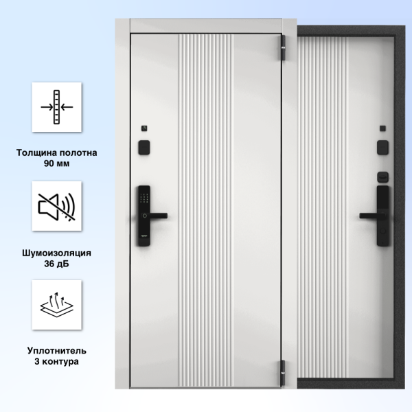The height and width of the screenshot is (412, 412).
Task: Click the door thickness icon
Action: [57, 107]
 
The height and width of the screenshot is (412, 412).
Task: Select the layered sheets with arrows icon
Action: [57, 304]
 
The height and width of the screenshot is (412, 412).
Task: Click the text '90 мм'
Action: [57, 163]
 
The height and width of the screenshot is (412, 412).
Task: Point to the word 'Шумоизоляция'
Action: [57, 253]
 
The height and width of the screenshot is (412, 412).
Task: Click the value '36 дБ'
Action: [57, 264]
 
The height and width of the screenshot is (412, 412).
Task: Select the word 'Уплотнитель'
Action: [57, 350]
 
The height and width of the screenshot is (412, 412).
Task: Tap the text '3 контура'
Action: [57, 361]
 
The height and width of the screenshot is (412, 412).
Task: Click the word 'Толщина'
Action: [37, 152]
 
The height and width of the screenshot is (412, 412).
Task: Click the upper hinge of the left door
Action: [283, 48]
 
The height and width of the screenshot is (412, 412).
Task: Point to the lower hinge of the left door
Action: [283, 373]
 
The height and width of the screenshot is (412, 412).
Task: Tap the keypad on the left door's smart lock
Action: [144, 198]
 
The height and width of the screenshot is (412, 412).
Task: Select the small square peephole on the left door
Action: [144, 128]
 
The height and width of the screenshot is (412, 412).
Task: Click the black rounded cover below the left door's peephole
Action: [144, 148]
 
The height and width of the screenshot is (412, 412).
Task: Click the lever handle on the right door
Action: [371, 216]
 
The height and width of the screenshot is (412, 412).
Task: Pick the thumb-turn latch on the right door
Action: [383, 177]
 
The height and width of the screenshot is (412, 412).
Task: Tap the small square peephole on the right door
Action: [383, 128]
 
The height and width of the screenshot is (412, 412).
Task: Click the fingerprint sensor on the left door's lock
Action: [145, 216]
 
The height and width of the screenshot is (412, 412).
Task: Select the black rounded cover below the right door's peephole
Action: [383, 148]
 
